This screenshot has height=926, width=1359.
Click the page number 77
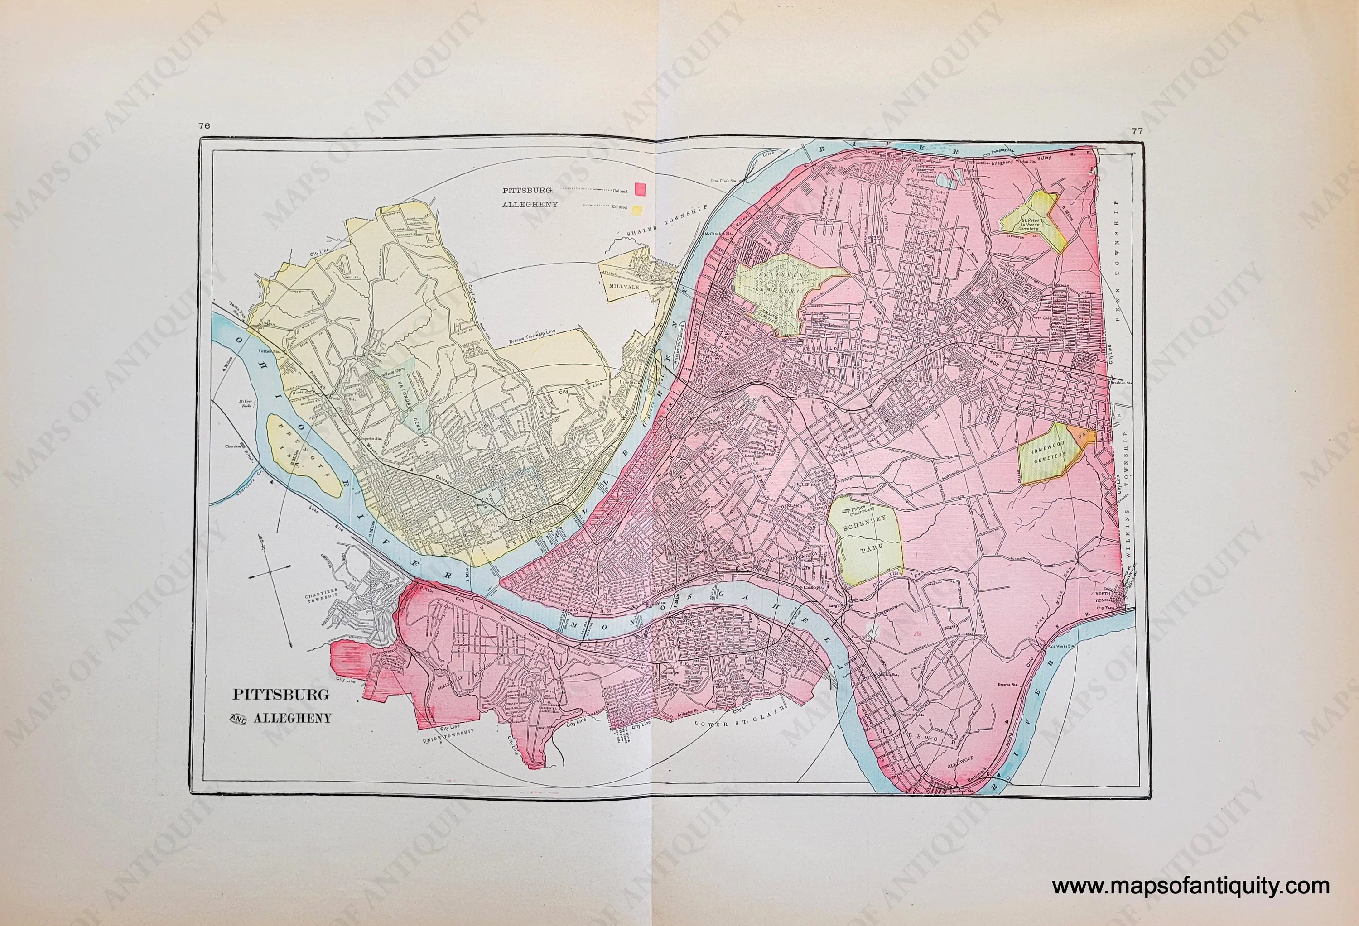click(x=1136, y=147)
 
